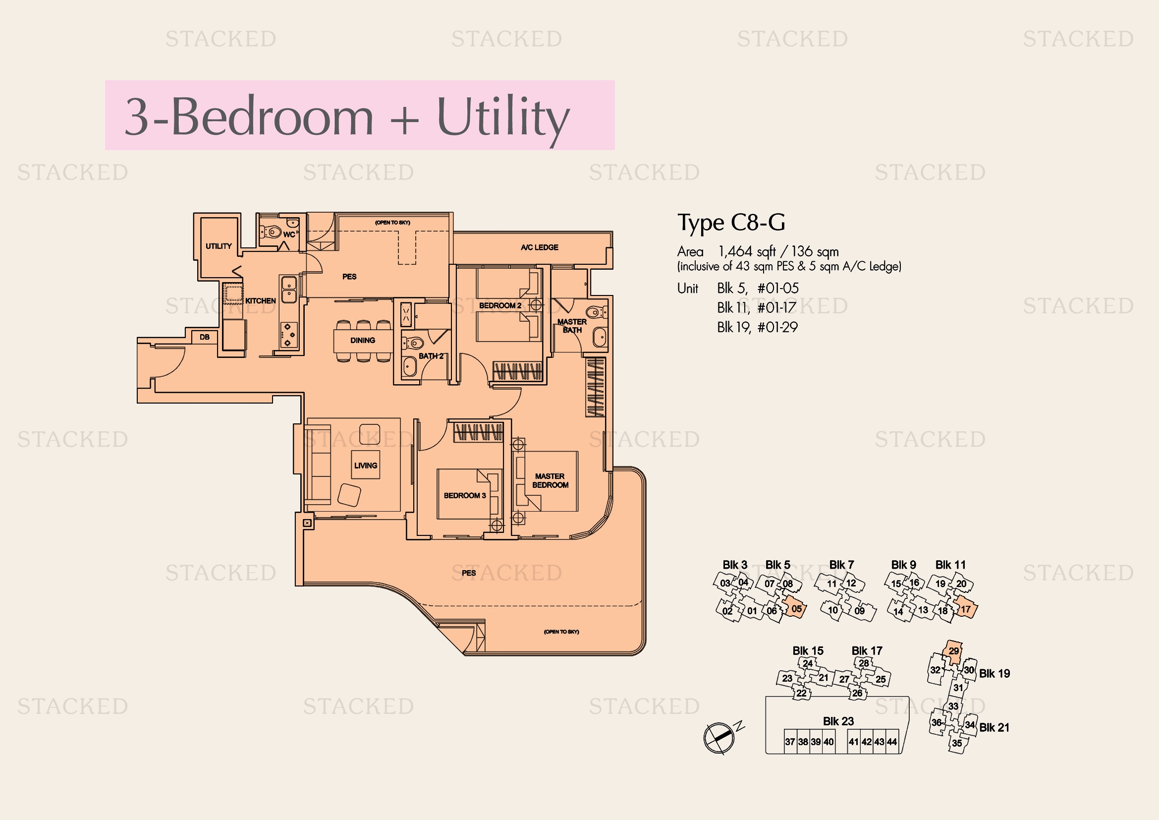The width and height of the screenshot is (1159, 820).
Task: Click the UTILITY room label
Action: (219, 246)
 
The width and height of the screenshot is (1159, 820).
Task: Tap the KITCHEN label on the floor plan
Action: (261, 301)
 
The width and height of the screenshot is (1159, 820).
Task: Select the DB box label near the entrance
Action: (205, 337)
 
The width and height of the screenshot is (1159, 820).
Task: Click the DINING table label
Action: (362, 340)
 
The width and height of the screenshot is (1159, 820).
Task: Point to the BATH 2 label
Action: (431, 356)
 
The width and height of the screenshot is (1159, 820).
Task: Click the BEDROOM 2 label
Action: (500, 305)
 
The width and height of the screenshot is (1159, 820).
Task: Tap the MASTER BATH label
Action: (572, 326)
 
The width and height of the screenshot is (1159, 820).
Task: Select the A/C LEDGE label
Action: (540, 247)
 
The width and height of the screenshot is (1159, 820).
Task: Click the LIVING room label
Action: (366, 466)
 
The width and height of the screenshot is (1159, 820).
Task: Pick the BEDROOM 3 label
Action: (465, 495)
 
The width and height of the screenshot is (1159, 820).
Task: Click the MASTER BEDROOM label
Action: (550, 481)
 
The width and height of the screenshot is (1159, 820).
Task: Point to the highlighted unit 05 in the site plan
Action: (794, 608)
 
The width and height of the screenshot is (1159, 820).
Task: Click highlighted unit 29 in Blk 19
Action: (952, 651)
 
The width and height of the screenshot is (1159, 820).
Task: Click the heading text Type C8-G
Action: (731, 223)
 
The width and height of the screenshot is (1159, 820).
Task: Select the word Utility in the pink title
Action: (503, 118)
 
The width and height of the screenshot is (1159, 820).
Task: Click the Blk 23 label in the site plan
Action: (838, 721)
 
